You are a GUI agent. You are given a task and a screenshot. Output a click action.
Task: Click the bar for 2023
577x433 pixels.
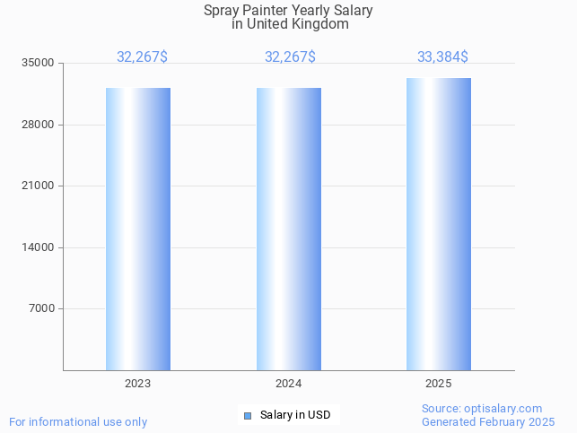[x=138, y=229]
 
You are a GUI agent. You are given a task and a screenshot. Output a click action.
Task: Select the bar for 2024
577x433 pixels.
[x=288, y=229]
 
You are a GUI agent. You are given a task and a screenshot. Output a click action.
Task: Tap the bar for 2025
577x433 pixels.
[x=439, y=224]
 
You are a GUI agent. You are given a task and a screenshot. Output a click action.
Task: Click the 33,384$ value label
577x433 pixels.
[x=442, y=57]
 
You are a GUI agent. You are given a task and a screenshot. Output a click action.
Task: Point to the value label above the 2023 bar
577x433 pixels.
[x=142, y=57]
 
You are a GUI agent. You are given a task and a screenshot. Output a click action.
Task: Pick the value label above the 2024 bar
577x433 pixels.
[x=290, y=57]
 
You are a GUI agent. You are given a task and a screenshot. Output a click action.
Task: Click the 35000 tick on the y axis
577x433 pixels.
[x=39, y=64]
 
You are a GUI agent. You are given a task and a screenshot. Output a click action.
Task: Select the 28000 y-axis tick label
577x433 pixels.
[x=39, y=125]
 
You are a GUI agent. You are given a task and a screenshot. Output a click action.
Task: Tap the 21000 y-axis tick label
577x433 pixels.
[x=39, y=186]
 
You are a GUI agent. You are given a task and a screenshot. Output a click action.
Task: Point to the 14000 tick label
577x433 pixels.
[x=39, y=247]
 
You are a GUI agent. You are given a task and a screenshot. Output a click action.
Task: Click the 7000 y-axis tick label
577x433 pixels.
[x=41, y=309]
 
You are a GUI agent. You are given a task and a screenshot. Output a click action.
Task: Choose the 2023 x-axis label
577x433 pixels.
[x=138, y=384]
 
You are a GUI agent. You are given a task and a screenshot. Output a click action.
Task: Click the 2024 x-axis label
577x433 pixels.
[x=288, y=384]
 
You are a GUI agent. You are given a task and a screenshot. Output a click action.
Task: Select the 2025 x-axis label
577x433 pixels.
[x=439, y=384]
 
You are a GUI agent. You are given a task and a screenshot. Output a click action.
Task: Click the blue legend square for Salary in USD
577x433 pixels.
[x=248, y=415]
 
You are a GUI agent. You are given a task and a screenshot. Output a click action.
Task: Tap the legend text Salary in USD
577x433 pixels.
[x=295, y=415]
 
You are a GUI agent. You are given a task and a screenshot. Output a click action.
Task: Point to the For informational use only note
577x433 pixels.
[x=78, y=421]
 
